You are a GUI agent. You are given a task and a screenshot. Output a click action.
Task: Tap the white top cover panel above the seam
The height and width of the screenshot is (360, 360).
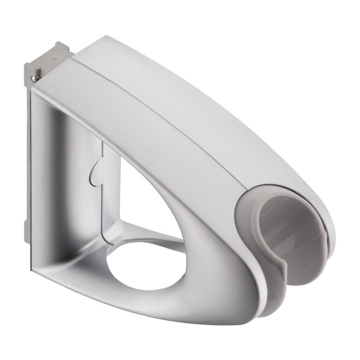pyautogui.click(x=206, y=77)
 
